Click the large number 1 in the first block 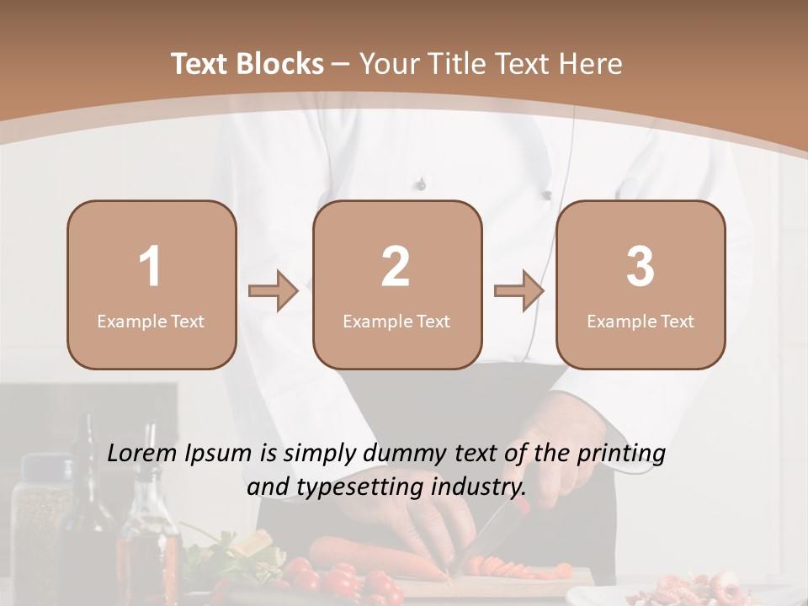(151, 267)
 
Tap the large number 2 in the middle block (396, 267)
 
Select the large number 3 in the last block (641, 267)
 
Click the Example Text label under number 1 (151, 321)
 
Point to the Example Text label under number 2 (396, 321)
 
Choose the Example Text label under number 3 (641, 321)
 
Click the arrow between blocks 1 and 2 (274, 291)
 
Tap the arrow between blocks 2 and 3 (519, 291)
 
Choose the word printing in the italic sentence (621, 454)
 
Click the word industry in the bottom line (478, 486)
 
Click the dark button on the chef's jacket (421, 183)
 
